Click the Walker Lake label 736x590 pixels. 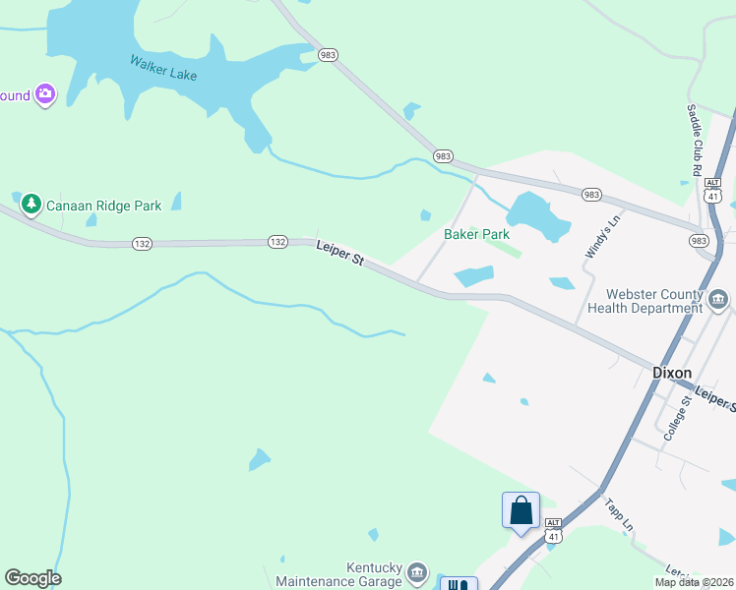(163, 67)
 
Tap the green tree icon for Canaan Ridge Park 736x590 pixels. (31, 205)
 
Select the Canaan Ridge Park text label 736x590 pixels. (104, 206)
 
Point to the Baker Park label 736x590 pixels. (476, 235)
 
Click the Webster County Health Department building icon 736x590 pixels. (718, 299)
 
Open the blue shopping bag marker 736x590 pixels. (521, 511)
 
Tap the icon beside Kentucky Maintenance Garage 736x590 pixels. (417, 572)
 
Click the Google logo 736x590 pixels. (32, 578)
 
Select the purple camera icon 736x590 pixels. (44, 94)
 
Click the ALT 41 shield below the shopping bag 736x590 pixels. (554, 535)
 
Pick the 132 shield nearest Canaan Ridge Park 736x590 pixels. (143, 243)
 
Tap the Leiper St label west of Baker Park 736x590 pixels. (340, 254)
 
